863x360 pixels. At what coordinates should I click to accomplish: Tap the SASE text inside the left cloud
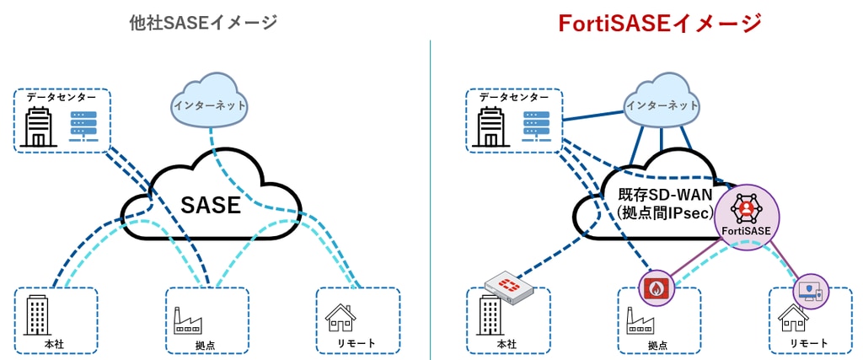point(212,205)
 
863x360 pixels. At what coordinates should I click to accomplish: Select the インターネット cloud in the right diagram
point(662,105)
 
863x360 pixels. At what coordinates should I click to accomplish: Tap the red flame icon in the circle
point(657,287)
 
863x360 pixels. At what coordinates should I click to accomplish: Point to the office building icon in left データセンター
point(40,127)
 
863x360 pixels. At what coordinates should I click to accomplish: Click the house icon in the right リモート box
point(792,319)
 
